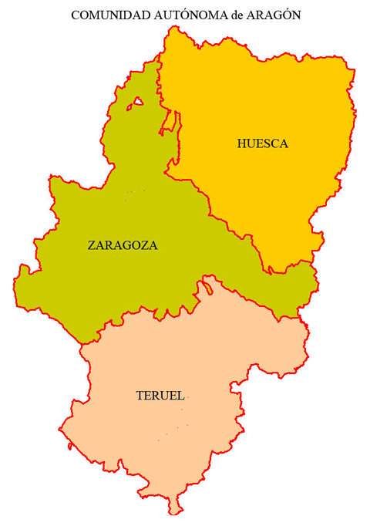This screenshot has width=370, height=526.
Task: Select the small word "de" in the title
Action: coord(225,15)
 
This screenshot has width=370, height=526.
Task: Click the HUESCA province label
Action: coord(262,143)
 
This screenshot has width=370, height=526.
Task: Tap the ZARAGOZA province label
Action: coord(123,246)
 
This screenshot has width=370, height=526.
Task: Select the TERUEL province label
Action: coord(160,396)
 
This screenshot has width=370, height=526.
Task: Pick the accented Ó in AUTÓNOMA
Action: coord(175,14)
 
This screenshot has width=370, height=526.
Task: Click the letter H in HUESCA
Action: coord(242,143)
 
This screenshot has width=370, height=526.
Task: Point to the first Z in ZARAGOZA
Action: coord(92,246)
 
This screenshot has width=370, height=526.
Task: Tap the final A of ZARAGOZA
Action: coord(153,246)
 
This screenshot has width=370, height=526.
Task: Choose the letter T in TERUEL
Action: coord(140,396)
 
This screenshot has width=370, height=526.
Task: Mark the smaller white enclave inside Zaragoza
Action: coord(138,101)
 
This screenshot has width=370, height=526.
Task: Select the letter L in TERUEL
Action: coord(180,396)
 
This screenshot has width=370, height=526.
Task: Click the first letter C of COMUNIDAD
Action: coord(75,15)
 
